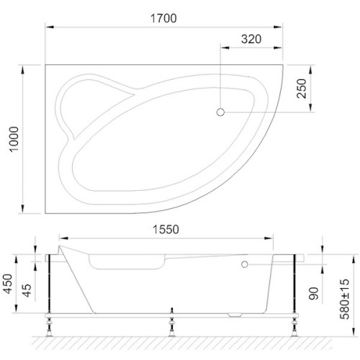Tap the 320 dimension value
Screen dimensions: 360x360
[251, 39]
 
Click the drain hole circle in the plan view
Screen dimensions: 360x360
[221, 112]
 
